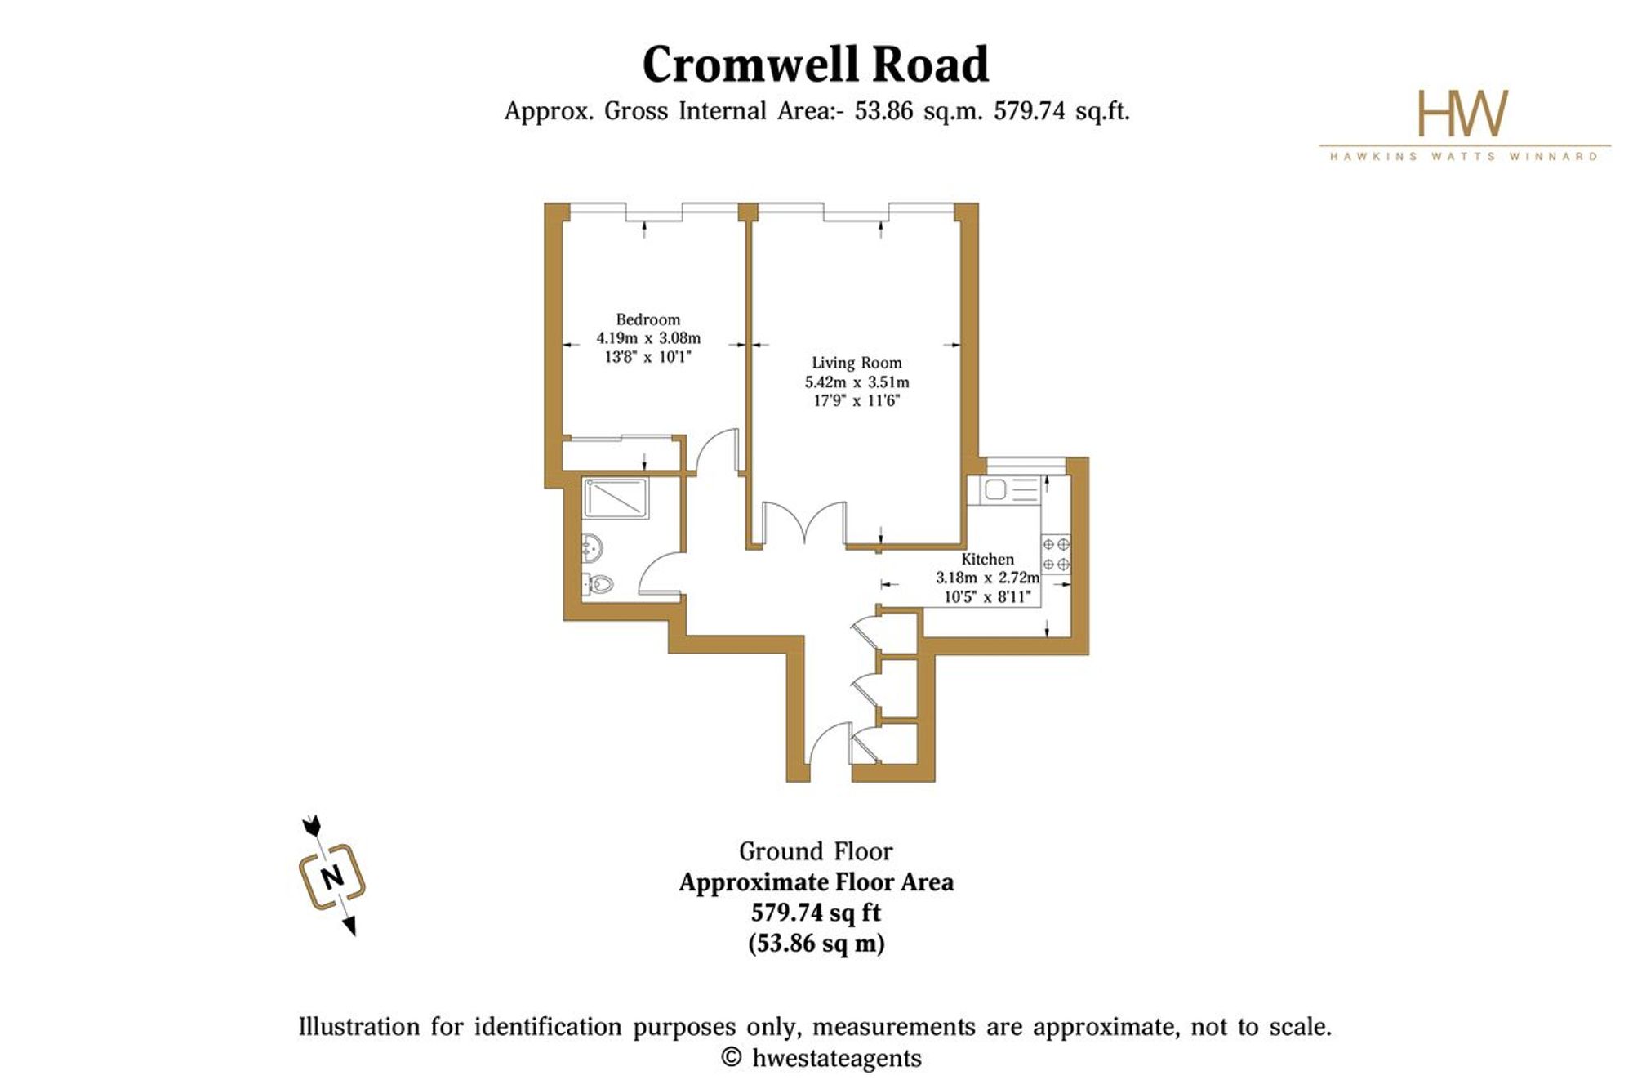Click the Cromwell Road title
[x=816, y=65]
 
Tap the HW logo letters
[x=1462, y=114]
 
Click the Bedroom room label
[x=647, y=319]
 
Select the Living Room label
[x=857, y=363]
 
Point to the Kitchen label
[x=987, y=559]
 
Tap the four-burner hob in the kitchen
[x=1055, y=553]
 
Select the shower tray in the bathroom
[x=616, y=498]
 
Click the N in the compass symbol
[x=332, y=877]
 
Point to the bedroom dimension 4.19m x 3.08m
[x=648, y=337]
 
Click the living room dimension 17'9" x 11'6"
[x=857, y=400]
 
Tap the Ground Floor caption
[x=816, y=851]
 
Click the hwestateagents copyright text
[x=821, y=1058]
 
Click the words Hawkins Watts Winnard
[x=1464, y=156]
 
